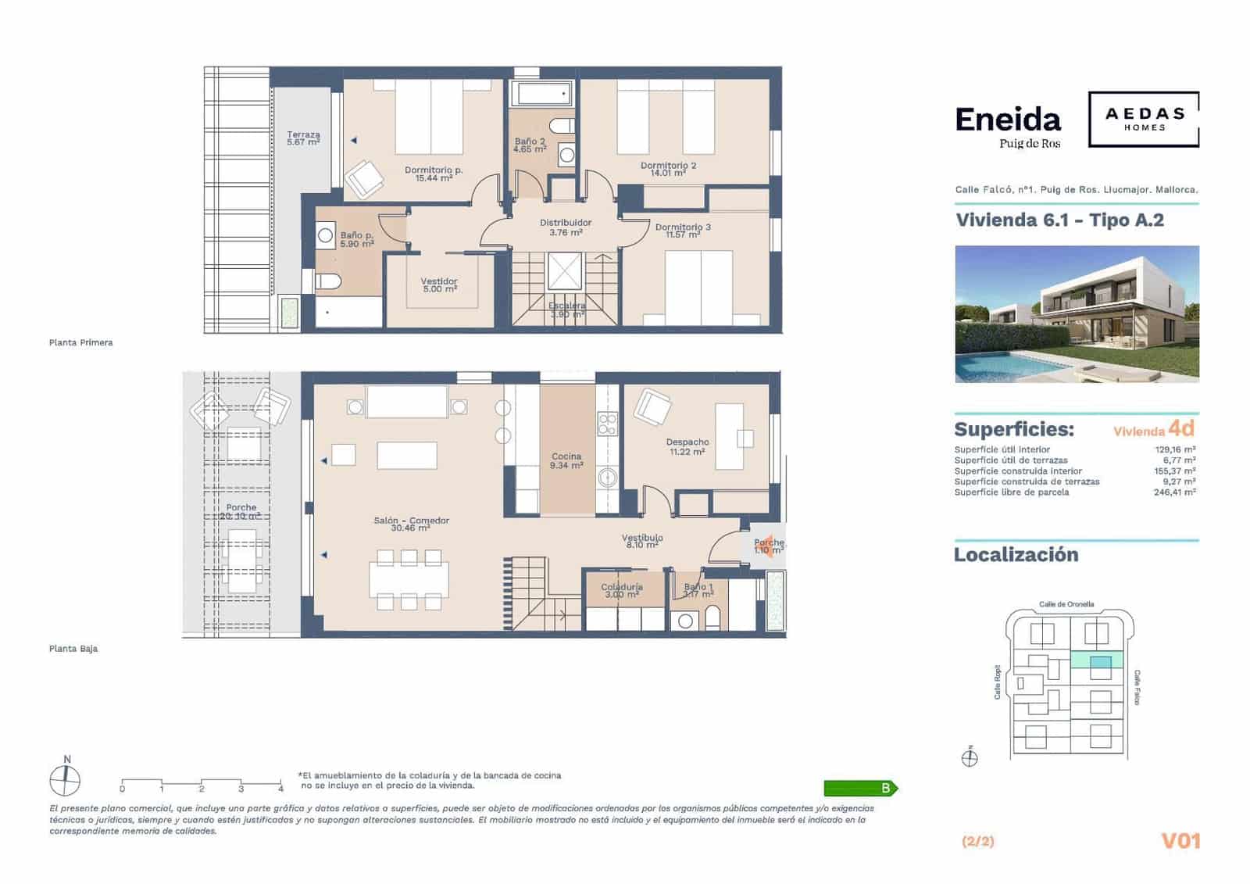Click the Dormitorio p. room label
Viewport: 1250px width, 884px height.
coord(434,174)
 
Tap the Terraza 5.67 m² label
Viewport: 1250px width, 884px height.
coord(303,138)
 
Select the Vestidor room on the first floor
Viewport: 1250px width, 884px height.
coord(439,285)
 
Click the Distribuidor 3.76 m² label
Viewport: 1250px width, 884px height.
coord(566,227)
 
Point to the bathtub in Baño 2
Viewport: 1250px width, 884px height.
coord(542,95)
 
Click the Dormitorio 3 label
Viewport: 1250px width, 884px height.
coord(683,231)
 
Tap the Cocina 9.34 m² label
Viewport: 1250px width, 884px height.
coord(566,460)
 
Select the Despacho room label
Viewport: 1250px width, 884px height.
coord(687,446)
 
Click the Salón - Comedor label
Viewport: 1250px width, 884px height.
coord(411,524)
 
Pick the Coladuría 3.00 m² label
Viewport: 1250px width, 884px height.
coord(622,590)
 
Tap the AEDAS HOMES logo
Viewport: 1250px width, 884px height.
coord(1144,119)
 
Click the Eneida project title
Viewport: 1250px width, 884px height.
coord(1008,120)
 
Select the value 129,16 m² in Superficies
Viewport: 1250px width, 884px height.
coord(1175,449)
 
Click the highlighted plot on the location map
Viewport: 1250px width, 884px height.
coord(1100,662)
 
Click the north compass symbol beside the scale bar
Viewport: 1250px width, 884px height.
coord(66,779)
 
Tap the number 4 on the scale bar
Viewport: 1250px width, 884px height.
coord(280,789)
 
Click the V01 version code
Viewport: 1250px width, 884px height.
coord(1180,841)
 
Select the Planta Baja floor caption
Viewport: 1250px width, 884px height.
coord(73,649)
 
